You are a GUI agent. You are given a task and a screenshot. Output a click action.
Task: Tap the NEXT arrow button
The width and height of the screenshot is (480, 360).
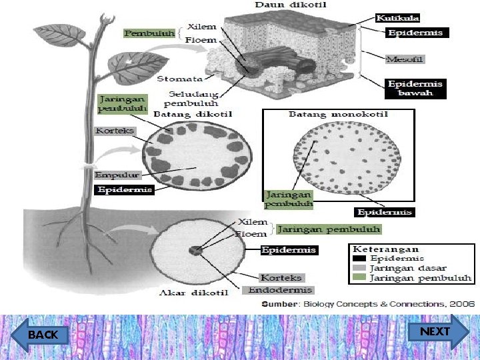tap(434, 332)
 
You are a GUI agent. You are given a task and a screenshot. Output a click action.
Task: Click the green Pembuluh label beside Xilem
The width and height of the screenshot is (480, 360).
tap(149, 33)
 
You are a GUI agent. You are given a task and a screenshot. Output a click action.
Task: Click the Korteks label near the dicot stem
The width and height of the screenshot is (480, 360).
tap(115, 131)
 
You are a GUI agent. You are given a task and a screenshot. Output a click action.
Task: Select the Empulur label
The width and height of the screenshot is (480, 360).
tap(117, 175)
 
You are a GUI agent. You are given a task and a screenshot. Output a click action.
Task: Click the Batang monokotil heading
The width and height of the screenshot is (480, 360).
tap(337, 115)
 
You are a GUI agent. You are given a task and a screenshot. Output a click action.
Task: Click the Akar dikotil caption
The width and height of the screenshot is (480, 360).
tap(194, 293)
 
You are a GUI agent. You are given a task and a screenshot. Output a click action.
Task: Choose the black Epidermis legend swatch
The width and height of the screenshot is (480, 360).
tap(359, 258)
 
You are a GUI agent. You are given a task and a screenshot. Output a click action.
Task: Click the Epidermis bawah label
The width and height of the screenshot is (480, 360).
tap(415, 88)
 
